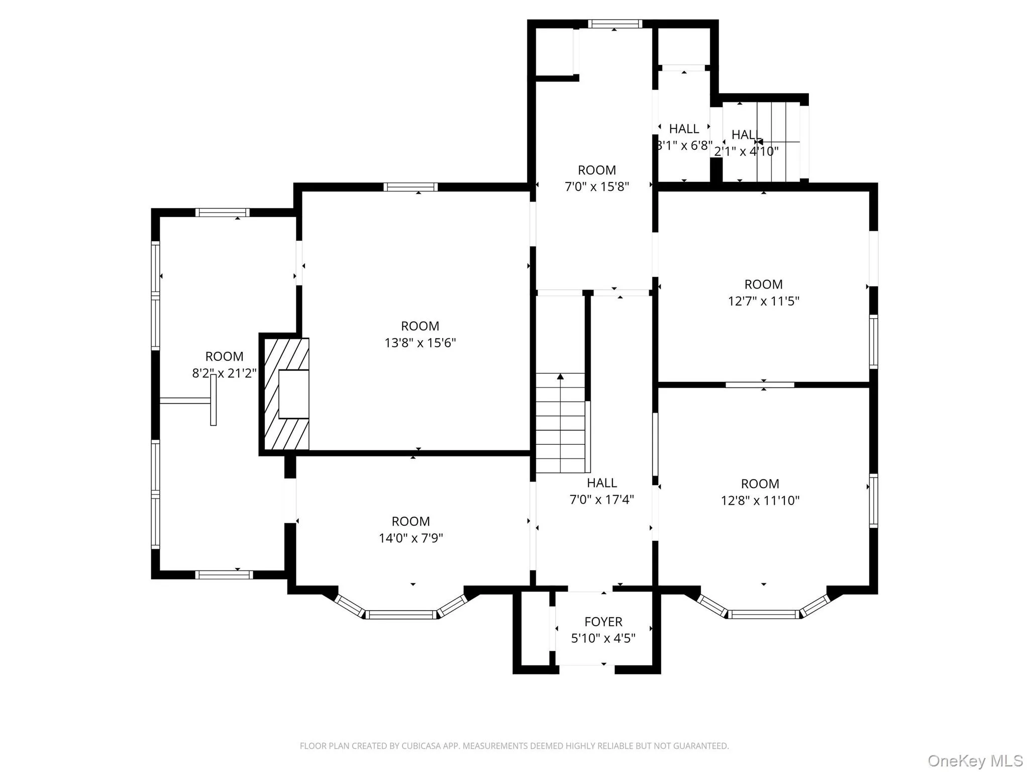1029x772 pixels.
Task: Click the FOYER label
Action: point(603,622)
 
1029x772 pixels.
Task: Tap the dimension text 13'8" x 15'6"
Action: point(420,343)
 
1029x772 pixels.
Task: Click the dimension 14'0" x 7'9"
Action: point(410,538)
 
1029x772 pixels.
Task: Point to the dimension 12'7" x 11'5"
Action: point(763,301)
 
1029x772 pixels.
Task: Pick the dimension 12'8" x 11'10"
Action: point(760,501)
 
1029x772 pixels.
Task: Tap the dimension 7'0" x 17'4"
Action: point(601,500)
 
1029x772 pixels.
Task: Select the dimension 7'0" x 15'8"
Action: point(596,186)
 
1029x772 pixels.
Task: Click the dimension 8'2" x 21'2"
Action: point(224,373)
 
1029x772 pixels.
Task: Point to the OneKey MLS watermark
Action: point(975,760)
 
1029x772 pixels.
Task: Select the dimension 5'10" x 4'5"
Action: point(603,638)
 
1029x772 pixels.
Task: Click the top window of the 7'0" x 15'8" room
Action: point(615,24)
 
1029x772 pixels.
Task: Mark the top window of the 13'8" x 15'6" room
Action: point(410,187)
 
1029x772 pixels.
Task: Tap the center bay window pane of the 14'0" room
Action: point(401,614)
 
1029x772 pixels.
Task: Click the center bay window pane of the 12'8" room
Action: point(763,614)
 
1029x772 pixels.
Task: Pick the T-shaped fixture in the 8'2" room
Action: point(213,400)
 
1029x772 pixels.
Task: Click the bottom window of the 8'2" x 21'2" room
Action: point(224,574)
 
